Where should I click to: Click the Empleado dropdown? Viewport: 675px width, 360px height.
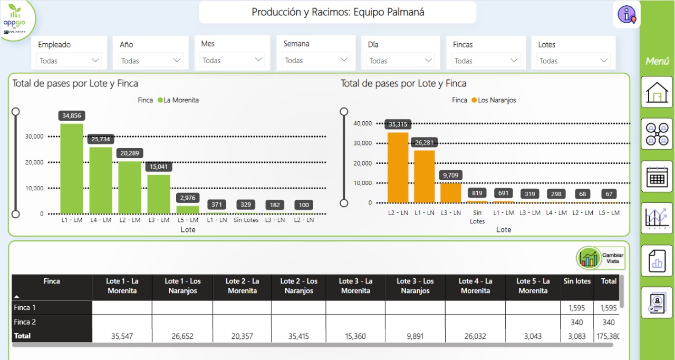[x=69, y=61]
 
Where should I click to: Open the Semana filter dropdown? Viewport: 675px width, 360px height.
[x=315, y=60]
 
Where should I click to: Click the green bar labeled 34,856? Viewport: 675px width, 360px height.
[x=72, y=169]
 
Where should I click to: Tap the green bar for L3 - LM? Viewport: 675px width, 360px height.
[x=159, y=194]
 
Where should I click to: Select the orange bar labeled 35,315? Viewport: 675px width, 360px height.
[x=398, y=168]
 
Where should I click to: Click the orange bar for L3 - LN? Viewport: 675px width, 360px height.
[x=451, y=192]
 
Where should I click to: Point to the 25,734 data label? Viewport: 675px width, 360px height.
[x=101, y=139]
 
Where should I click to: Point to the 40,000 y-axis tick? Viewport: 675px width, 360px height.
[x=362, y=123]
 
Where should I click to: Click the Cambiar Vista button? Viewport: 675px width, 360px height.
[x=601, y=258]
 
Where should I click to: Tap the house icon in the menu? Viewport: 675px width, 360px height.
[x=657, y=92]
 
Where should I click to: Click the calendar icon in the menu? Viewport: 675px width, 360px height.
[x=657, y=177]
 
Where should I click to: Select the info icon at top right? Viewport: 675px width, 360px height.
[x=626, y=15]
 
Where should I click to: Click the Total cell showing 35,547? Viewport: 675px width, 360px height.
[x=122, y=336]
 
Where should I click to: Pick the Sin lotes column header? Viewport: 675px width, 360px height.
[x=577, y=281]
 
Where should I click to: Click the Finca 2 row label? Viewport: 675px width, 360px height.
[x=25, y=322]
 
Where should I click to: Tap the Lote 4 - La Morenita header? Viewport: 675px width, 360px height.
[x=475, y=286]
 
